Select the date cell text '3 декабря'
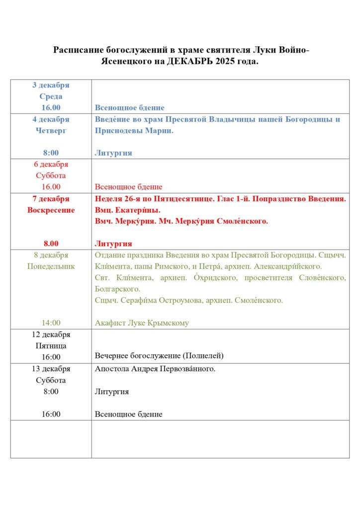(51, 85)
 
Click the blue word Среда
(51, 96)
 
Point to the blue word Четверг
(51, 130)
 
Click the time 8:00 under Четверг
(51, 153)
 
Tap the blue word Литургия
(113, 153)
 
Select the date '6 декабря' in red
(51, 165)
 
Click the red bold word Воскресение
(51, 210)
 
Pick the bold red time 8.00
(51, 244)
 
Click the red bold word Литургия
(113, 244)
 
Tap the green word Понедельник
(51, 266)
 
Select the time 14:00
(51, 323)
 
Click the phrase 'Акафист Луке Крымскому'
(142, 323)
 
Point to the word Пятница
(51, 345)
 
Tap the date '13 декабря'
(51, 369)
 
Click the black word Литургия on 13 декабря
(111, 392)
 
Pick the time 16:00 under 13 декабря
(51, 414)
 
